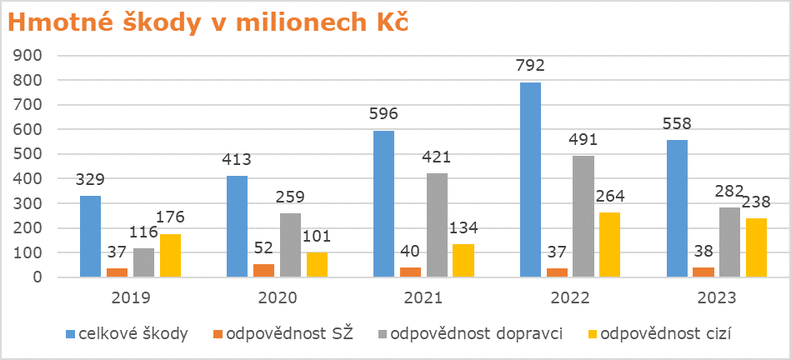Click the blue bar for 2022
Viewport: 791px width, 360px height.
(x=530, y=179)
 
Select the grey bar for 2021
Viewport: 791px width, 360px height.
(x=437, y=225)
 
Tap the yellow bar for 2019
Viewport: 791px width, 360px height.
(x=171, y=255)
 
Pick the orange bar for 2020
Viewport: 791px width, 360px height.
(x=264, y=270)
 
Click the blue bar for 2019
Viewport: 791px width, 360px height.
(x=90, y=237)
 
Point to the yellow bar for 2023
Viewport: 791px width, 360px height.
(x=756, y=247)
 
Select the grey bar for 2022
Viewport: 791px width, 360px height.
(x=583, y=217)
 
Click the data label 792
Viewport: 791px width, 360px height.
(x=531, y=66)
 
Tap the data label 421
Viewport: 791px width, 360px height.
(x=437, y=157)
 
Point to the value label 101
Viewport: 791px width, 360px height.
(x=317, y=237)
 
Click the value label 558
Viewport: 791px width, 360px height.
(x=677, y=123)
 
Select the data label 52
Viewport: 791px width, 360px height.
(x=264, y=248)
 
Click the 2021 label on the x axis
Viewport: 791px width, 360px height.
(x=423, y=298)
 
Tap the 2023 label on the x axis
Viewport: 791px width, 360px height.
(x=717, y=298)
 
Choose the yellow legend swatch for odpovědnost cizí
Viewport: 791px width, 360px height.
(x=593, y=334)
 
